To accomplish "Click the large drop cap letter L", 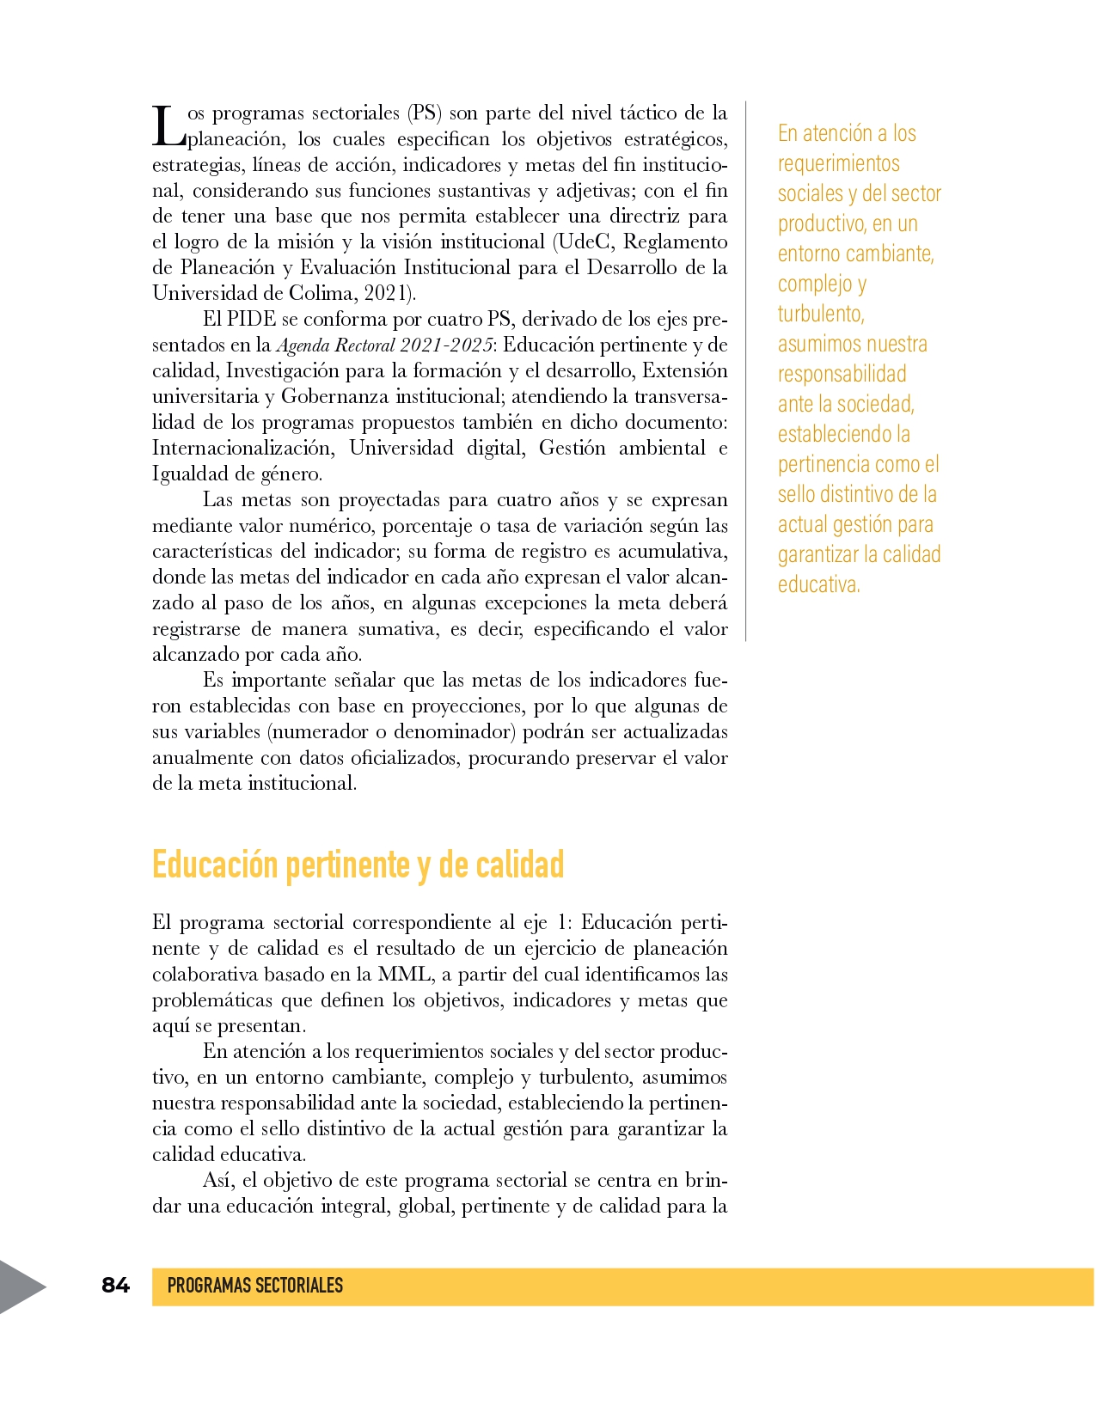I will click(x=168, y=126).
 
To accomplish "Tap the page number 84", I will click(x=115, y=1285).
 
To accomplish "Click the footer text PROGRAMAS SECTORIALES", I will click(x=254, y=1286).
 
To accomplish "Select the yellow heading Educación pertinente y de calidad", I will click(x=358, y=865).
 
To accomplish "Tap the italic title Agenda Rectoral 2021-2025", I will click(x=384, y=345).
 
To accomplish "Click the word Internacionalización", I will click(x=242, y=448).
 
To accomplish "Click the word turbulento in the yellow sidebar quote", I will click(x=821, y=314).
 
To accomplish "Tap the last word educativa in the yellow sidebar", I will click(x=818, y=584).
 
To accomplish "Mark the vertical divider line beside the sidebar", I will click(x=745, y=370).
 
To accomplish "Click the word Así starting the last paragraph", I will click(x=219, y=1180).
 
